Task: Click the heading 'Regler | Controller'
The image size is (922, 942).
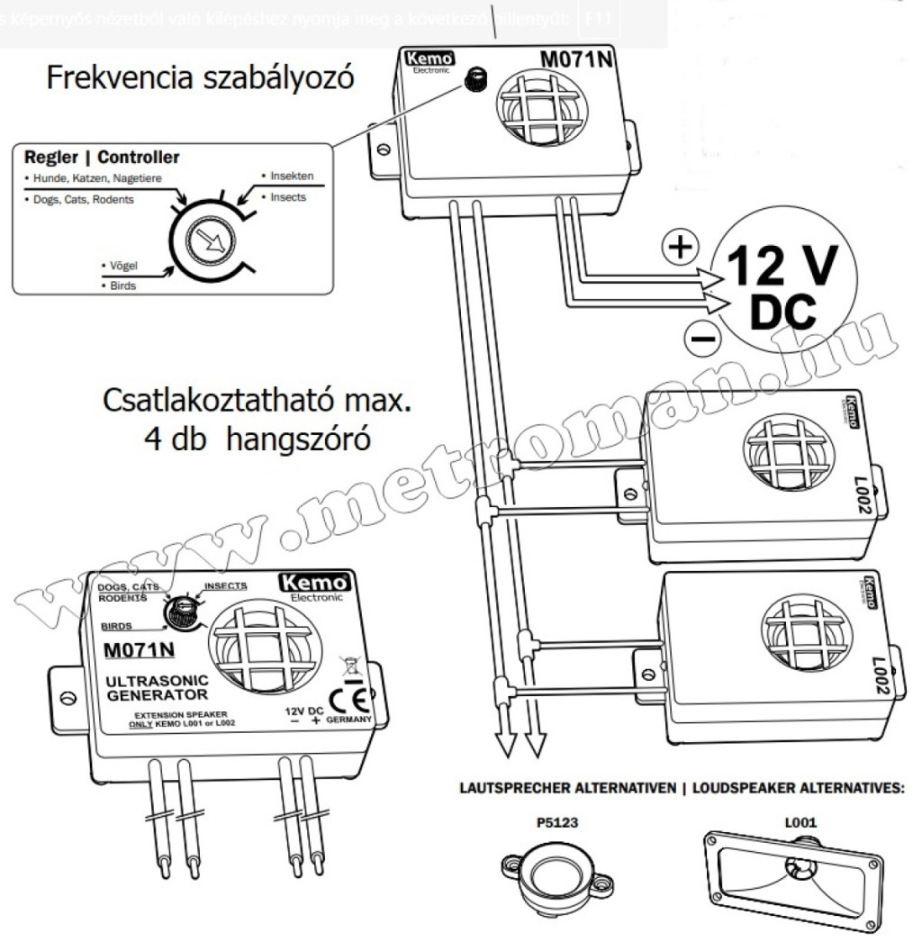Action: [102, 158]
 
